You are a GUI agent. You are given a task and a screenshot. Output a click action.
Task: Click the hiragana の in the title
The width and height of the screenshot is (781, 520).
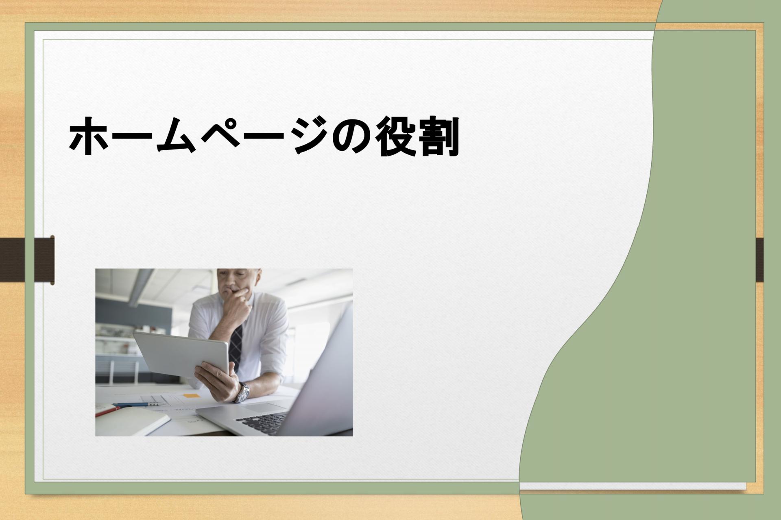pyautogui.click(x=353, y=137)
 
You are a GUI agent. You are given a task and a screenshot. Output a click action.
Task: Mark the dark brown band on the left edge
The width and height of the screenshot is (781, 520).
pyautogui.click(x=27, y=260)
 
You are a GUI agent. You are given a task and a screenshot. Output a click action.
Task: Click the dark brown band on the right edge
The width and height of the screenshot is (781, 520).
pyautogui.click(x=759, y=260)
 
